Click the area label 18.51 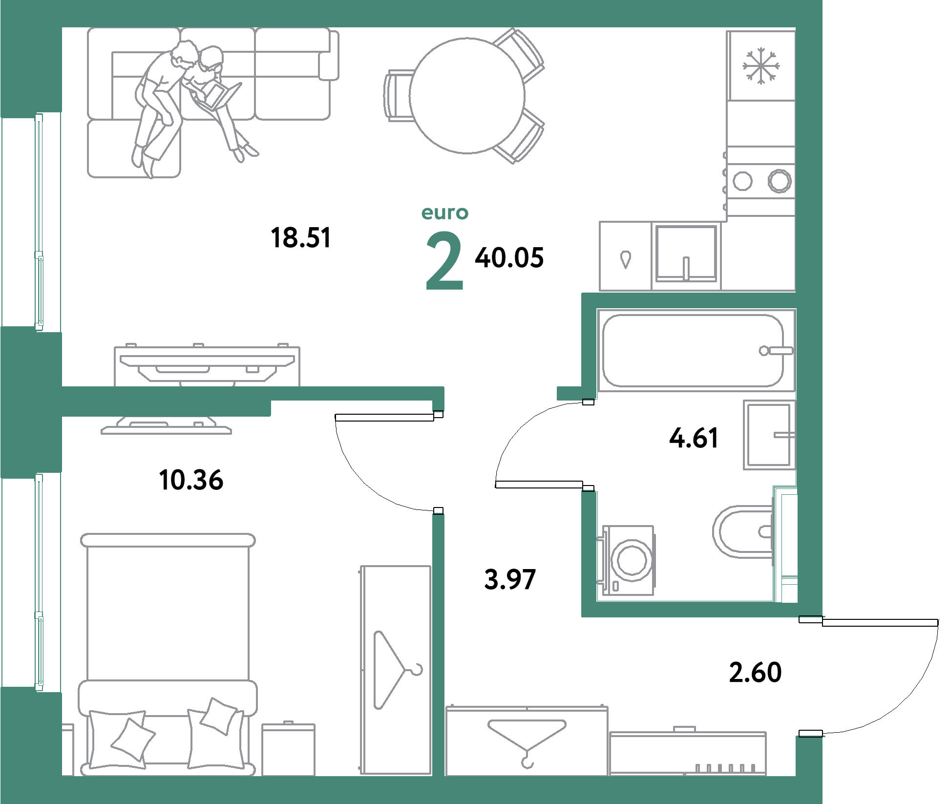(301, 238)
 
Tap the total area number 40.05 (509, 257)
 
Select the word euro (445, 212)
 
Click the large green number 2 (444, 261)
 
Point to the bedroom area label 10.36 (191, 480)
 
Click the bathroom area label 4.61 (694, 438)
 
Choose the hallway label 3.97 (510, 579)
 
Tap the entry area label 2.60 (755, 672)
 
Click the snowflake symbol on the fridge (761, 66)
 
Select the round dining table (467, 96)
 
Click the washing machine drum (632, 560)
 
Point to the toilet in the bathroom (742, 531)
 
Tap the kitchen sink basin (686, 253)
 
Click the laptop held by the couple (217, 96)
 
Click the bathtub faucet (776, 351)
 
